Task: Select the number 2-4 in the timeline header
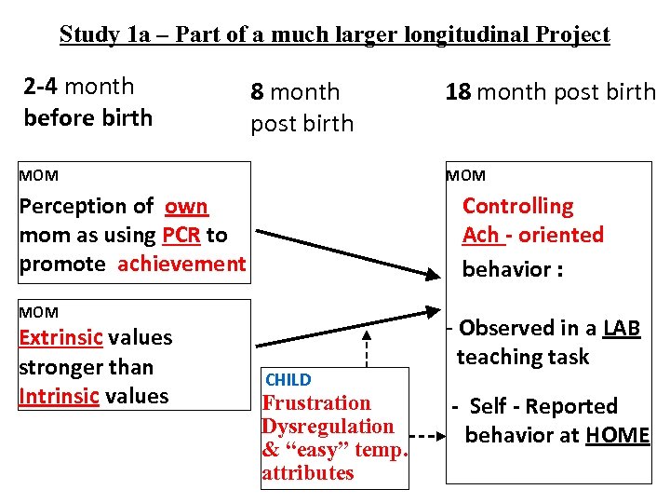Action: click(x=40, y=87)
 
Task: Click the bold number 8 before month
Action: click(x=258, y=92)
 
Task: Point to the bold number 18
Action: click(x=458, y=92)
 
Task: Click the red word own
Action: click(x=186, y=206)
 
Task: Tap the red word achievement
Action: click(x=181, y=264)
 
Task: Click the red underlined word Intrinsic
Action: click(x=59, y=396)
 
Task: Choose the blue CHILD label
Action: click(x=288, y=380)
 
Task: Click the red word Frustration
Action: click(x=316, y=403)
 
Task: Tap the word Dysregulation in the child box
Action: click(x=328, y=427)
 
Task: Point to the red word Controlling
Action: click(x=518, y=206)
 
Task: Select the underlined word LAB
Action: click(x=622, y=328)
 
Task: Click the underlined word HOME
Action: click(x=618, y=435)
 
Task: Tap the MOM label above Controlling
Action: click(x=465, y=176)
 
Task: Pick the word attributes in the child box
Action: click(x=308, y=473)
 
